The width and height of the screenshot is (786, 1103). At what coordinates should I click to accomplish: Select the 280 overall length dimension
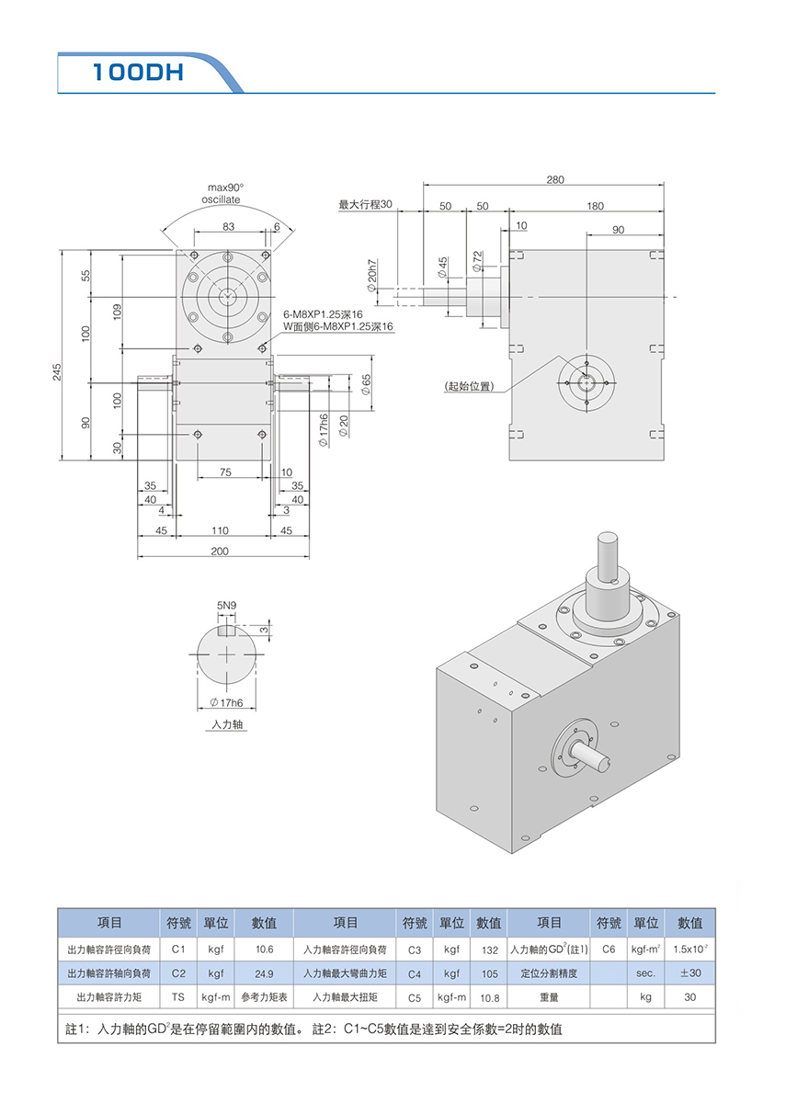[x=554, y=179]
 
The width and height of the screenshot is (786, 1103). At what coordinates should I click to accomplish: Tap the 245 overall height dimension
[x=57, y=371]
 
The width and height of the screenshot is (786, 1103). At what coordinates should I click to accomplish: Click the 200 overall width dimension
[x=220, y=551]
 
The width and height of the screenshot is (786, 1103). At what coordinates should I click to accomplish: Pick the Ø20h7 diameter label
[x=371, y=274]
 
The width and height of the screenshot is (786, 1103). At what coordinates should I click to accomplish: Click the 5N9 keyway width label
[x=226, y=606]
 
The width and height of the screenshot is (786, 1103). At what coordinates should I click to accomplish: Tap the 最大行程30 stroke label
[x=365, y=204]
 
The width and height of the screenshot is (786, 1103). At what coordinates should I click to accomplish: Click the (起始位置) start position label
[x=468, y=386]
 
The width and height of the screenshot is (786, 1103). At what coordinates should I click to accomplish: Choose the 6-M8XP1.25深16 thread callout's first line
[x=323, y=313]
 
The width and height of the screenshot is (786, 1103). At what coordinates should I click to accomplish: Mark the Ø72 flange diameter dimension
[x=477, y=260]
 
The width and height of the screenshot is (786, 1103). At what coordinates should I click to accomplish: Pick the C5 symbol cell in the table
[x=414, y=996]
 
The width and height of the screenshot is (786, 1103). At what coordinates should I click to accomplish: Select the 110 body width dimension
[x=220, y=531]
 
